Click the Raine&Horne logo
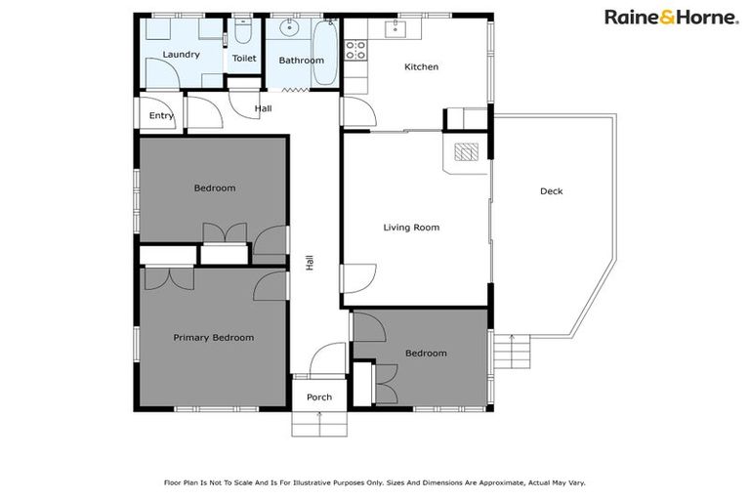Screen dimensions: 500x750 click(x=671, y=17)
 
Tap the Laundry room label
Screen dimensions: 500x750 click(x=181, y=55)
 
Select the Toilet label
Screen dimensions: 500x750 click(x=243, y=59)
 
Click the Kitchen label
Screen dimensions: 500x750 click(x=422, y=67)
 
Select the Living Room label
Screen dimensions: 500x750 click(x=411, y=228)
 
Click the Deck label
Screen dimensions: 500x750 click(x=551, y=191)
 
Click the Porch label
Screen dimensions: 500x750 click(x=319, y=397)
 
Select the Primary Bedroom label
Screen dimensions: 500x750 click(x=213, y=338)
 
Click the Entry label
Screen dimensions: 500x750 click(x=161, y=116)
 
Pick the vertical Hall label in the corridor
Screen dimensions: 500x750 click(x=311, y=263)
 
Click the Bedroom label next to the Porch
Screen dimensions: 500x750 click(x=426, y=354)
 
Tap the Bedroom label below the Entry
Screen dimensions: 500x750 click(x=214, y=188)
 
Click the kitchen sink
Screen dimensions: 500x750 click(x=396, y=28)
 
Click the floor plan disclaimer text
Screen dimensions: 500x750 click(x=374, y=481)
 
